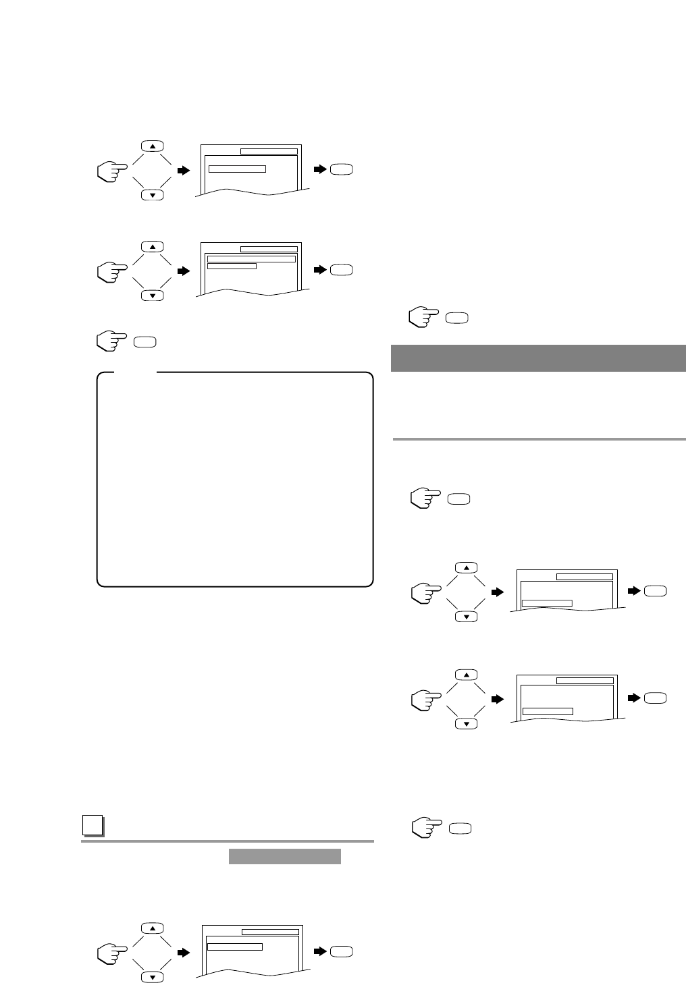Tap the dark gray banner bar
tap(538, 358)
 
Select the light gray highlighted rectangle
tap(284, 857)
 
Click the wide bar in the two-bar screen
tap(251, 258)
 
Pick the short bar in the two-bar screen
tap(231, 266)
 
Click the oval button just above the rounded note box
tap(144, 342)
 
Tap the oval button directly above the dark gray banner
tap(457, 318)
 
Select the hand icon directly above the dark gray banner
tap(423, 318)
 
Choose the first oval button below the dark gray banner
tap(458, 499)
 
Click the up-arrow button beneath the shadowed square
tap(152, 928)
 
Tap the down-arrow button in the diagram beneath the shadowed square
tap(152, 977)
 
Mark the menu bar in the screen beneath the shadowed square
tap(234, 947)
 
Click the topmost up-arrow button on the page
tap(153, 146)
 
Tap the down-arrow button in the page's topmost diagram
tap(153, 195)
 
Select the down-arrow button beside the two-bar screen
tap(153, 296)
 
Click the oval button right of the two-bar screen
tap(342, 270)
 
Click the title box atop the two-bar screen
tap(269, 249)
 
